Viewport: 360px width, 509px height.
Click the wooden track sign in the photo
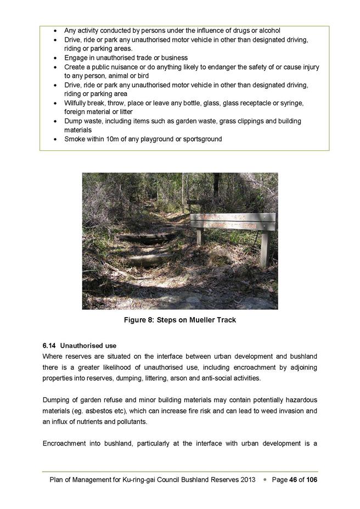pos(233,221)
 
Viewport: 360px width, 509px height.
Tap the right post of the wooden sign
pos(265,247)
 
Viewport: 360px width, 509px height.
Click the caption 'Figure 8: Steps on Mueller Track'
pos(180,320)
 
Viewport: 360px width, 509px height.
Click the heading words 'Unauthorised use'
pos(88,346)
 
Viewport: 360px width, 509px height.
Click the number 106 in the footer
pos(311,480)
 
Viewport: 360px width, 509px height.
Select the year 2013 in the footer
pos(248,480)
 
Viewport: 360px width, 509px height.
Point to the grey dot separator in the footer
pos(265,480)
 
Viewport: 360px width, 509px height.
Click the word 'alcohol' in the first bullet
pos(267,31)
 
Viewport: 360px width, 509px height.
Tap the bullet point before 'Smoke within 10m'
pos(56,139)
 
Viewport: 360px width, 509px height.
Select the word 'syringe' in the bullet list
pos(307,103)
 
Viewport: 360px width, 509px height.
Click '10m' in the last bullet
pos(115,139)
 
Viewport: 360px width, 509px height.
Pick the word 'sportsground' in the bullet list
pos(200,139)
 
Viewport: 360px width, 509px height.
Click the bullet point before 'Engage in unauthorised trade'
pos(56,58)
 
